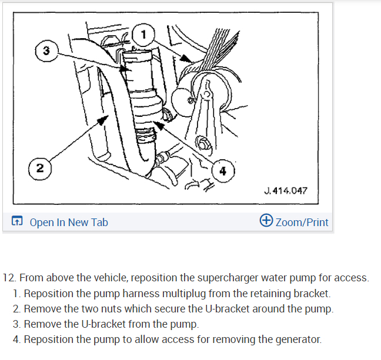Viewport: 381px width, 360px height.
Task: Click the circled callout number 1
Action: click(143, 33)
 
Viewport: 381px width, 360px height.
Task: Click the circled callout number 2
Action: click(39, 168)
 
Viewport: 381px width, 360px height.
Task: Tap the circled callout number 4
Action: click(222, 171)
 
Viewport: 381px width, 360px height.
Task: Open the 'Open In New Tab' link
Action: click(68, 222)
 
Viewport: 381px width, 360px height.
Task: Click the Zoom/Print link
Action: click(302, 222)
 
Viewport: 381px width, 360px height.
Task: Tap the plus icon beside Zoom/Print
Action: click(266, 221)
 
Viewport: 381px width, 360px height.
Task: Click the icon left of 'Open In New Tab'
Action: click(18, 222)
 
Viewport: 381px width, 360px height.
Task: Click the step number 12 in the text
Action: click(9, 278)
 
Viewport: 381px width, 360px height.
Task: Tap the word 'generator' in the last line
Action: click(296, 339)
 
